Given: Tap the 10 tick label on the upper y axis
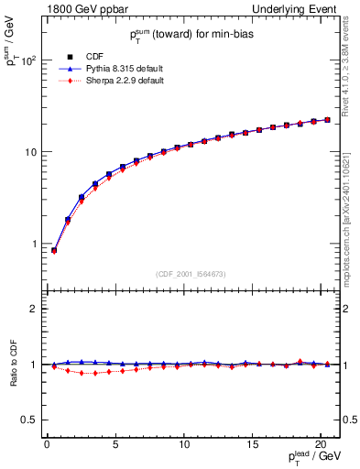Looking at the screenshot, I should click(x=27, y=152).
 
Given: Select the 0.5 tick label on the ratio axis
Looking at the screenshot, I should click(x=27, y=420).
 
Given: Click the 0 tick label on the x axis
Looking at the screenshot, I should click(x=47, y=445).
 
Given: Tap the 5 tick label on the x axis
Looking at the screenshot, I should click(x=115, y=445).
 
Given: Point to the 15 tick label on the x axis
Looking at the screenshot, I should click(x=252, y=445).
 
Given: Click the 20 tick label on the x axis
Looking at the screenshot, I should click(x=321, y=445).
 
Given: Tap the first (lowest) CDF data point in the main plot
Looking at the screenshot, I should click(x=54, y=250).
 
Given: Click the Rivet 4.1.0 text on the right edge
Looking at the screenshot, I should click(x=352, y=73).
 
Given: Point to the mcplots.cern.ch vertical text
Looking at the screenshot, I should click(x=352, y=220).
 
